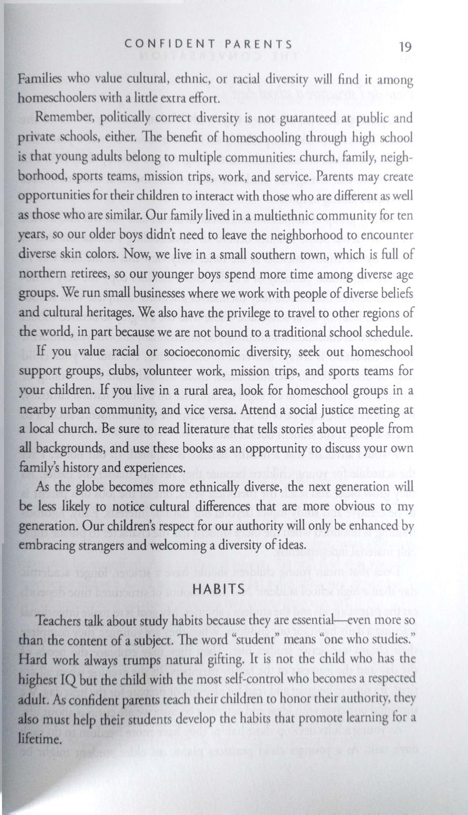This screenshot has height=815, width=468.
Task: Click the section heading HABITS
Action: coord(219,588)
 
